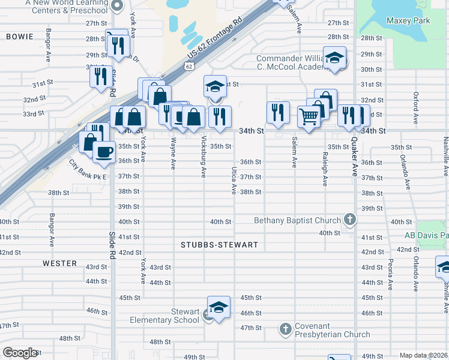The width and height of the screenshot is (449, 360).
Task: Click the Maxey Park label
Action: (408, 20)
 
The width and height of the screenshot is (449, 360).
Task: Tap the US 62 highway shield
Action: (189, 67)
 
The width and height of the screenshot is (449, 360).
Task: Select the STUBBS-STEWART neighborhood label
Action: (220, 245)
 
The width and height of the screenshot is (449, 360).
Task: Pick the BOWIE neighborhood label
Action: (20, 37)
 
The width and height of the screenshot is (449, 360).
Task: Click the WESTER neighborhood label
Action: (59, 263)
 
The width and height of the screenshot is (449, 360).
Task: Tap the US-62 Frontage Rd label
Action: (214, 38)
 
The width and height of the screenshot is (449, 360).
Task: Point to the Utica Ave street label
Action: (234, 181)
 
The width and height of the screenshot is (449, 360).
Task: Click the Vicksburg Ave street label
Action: (203, 160)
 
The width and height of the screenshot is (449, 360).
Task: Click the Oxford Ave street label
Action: (415, 108)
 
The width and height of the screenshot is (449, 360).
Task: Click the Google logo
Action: (20, 353)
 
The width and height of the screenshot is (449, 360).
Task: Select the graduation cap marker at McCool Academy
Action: (335, 58)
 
